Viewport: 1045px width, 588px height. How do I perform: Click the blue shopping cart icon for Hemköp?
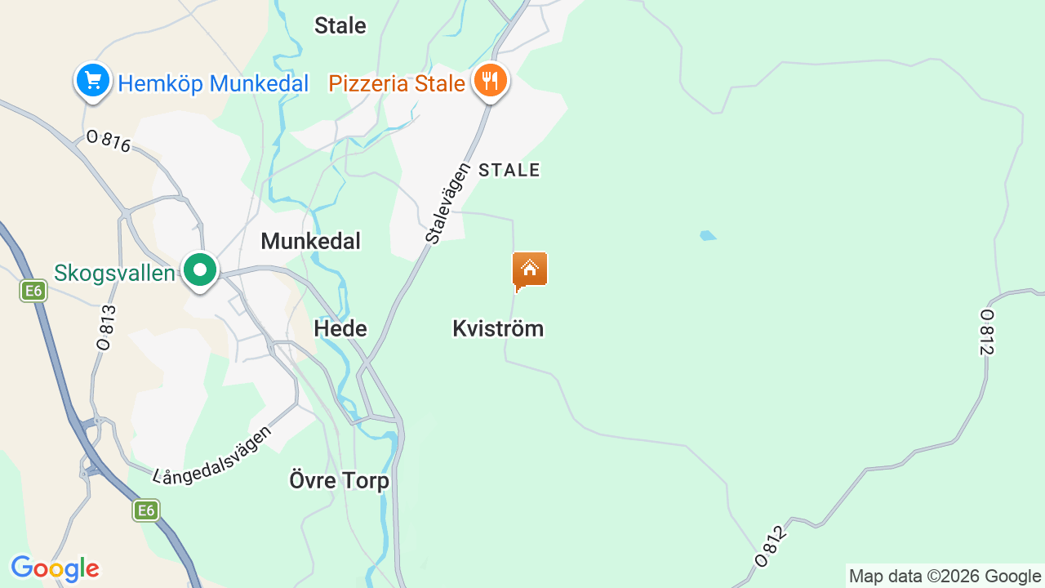(x=93, y=81)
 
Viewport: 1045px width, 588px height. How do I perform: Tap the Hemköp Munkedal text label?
(x=213, y=83)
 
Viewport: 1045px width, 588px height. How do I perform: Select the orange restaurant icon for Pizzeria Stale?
(x=490, y=80)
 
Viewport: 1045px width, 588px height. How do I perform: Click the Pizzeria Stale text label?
(x=397, y=83)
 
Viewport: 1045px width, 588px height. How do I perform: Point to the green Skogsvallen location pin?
(x=199, y=269)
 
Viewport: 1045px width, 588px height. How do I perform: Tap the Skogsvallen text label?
(x=115, y=273)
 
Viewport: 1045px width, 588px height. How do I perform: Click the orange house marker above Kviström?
(x=530, y=269)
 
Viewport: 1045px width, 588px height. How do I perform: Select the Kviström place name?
(x=498, y=328)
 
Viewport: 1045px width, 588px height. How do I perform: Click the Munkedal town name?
(x=310, y=241)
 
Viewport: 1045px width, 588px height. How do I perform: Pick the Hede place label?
(x=340, y=328)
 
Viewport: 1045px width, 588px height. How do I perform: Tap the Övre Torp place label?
(x=340, y=480)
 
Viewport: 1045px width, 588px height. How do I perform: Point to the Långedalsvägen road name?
(x=213, y=454)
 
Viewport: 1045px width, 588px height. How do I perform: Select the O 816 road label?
(x=109, y=141)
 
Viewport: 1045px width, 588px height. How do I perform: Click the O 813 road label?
(x=105, y=327)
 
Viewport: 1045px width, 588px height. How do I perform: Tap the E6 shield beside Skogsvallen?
(x=33, y=291)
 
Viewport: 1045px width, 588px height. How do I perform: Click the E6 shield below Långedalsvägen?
(x=146, y=511)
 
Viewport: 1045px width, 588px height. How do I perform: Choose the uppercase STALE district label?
(x=509, y=170)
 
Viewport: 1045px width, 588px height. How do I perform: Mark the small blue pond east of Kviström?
(x=708, y=236)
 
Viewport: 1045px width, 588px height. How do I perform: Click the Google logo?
(x=55, y=568)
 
